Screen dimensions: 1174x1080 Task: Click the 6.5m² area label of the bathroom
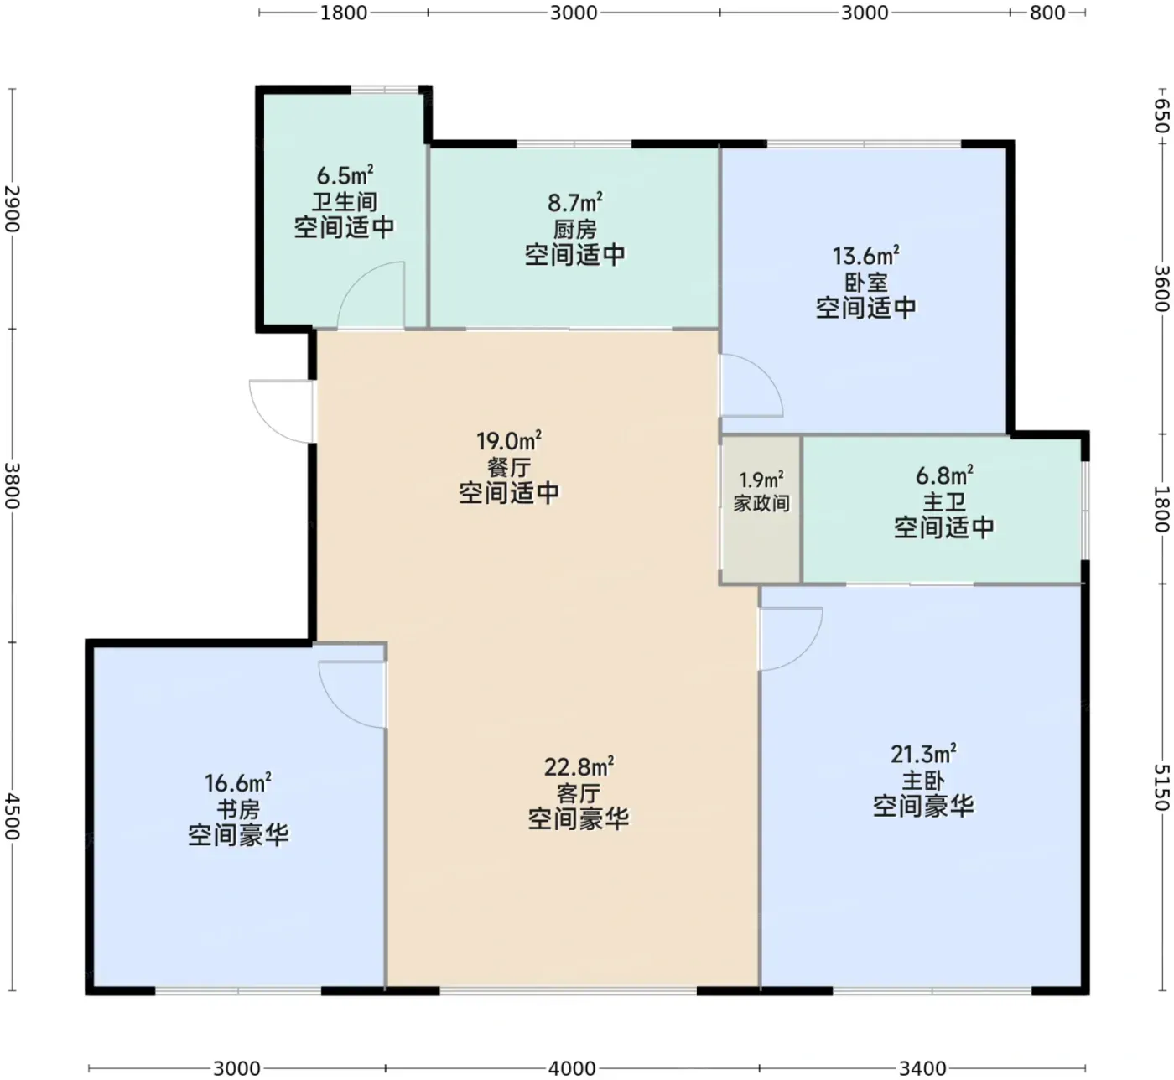point(345,175)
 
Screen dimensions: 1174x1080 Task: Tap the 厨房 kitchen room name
point(574,230)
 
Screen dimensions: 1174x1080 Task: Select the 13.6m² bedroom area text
point(865,256)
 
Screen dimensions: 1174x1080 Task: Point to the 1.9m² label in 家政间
point(761,480)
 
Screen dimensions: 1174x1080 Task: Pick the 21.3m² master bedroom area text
point(923,754)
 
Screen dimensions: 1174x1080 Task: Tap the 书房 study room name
point(238,809)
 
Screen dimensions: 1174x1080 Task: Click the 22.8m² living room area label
point(579,766)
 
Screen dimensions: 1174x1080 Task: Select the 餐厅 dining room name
point(509,467)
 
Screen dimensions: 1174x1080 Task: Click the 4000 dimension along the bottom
point(572,1068)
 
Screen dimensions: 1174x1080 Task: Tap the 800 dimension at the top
point(1047,13)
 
